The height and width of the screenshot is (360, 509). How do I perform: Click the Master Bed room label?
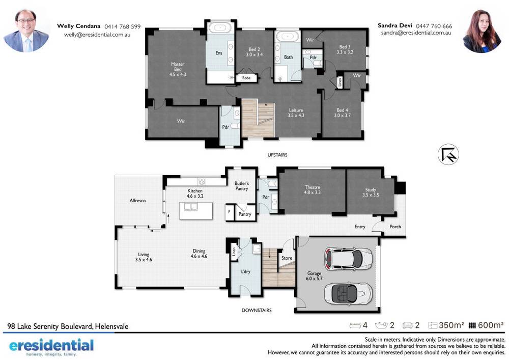tap(178, 69)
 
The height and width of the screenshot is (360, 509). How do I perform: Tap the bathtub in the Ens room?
tap(220, 27)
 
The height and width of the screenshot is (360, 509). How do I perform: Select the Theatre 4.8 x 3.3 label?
tap(313, 189)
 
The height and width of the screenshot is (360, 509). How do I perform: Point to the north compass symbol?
tap(448, 154)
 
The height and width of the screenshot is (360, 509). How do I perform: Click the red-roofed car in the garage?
tap(348, 259)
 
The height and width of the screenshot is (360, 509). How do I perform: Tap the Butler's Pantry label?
tap(241, 186)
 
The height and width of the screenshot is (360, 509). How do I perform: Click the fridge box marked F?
tap(230, 212)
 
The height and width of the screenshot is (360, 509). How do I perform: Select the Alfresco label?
tap(137, 201)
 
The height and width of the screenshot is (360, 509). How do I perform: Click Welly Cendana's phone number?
tap(122, 26)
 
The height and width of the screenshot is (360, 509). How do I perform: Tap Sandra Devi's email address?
tap(416, 33)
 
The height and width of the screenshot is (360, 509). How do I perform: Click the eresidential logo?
tap(51, 347)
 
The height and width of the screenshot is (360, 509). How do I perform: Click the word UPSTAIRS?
tap(277, 155)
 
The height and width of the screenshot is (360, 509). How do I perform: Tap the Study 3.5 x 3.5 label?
tap(371, 192)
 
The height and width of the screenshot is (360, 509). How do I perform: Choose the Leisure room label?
tap(296, 113)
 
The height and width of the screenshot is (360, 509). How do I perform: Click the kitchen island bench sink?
tap(190, 206)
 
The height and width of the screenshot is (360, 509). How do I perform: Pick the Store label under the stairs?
tap(287, 258)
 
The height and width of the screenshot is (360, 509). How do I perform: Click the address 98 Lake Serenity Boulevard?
tap(68, 326)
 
